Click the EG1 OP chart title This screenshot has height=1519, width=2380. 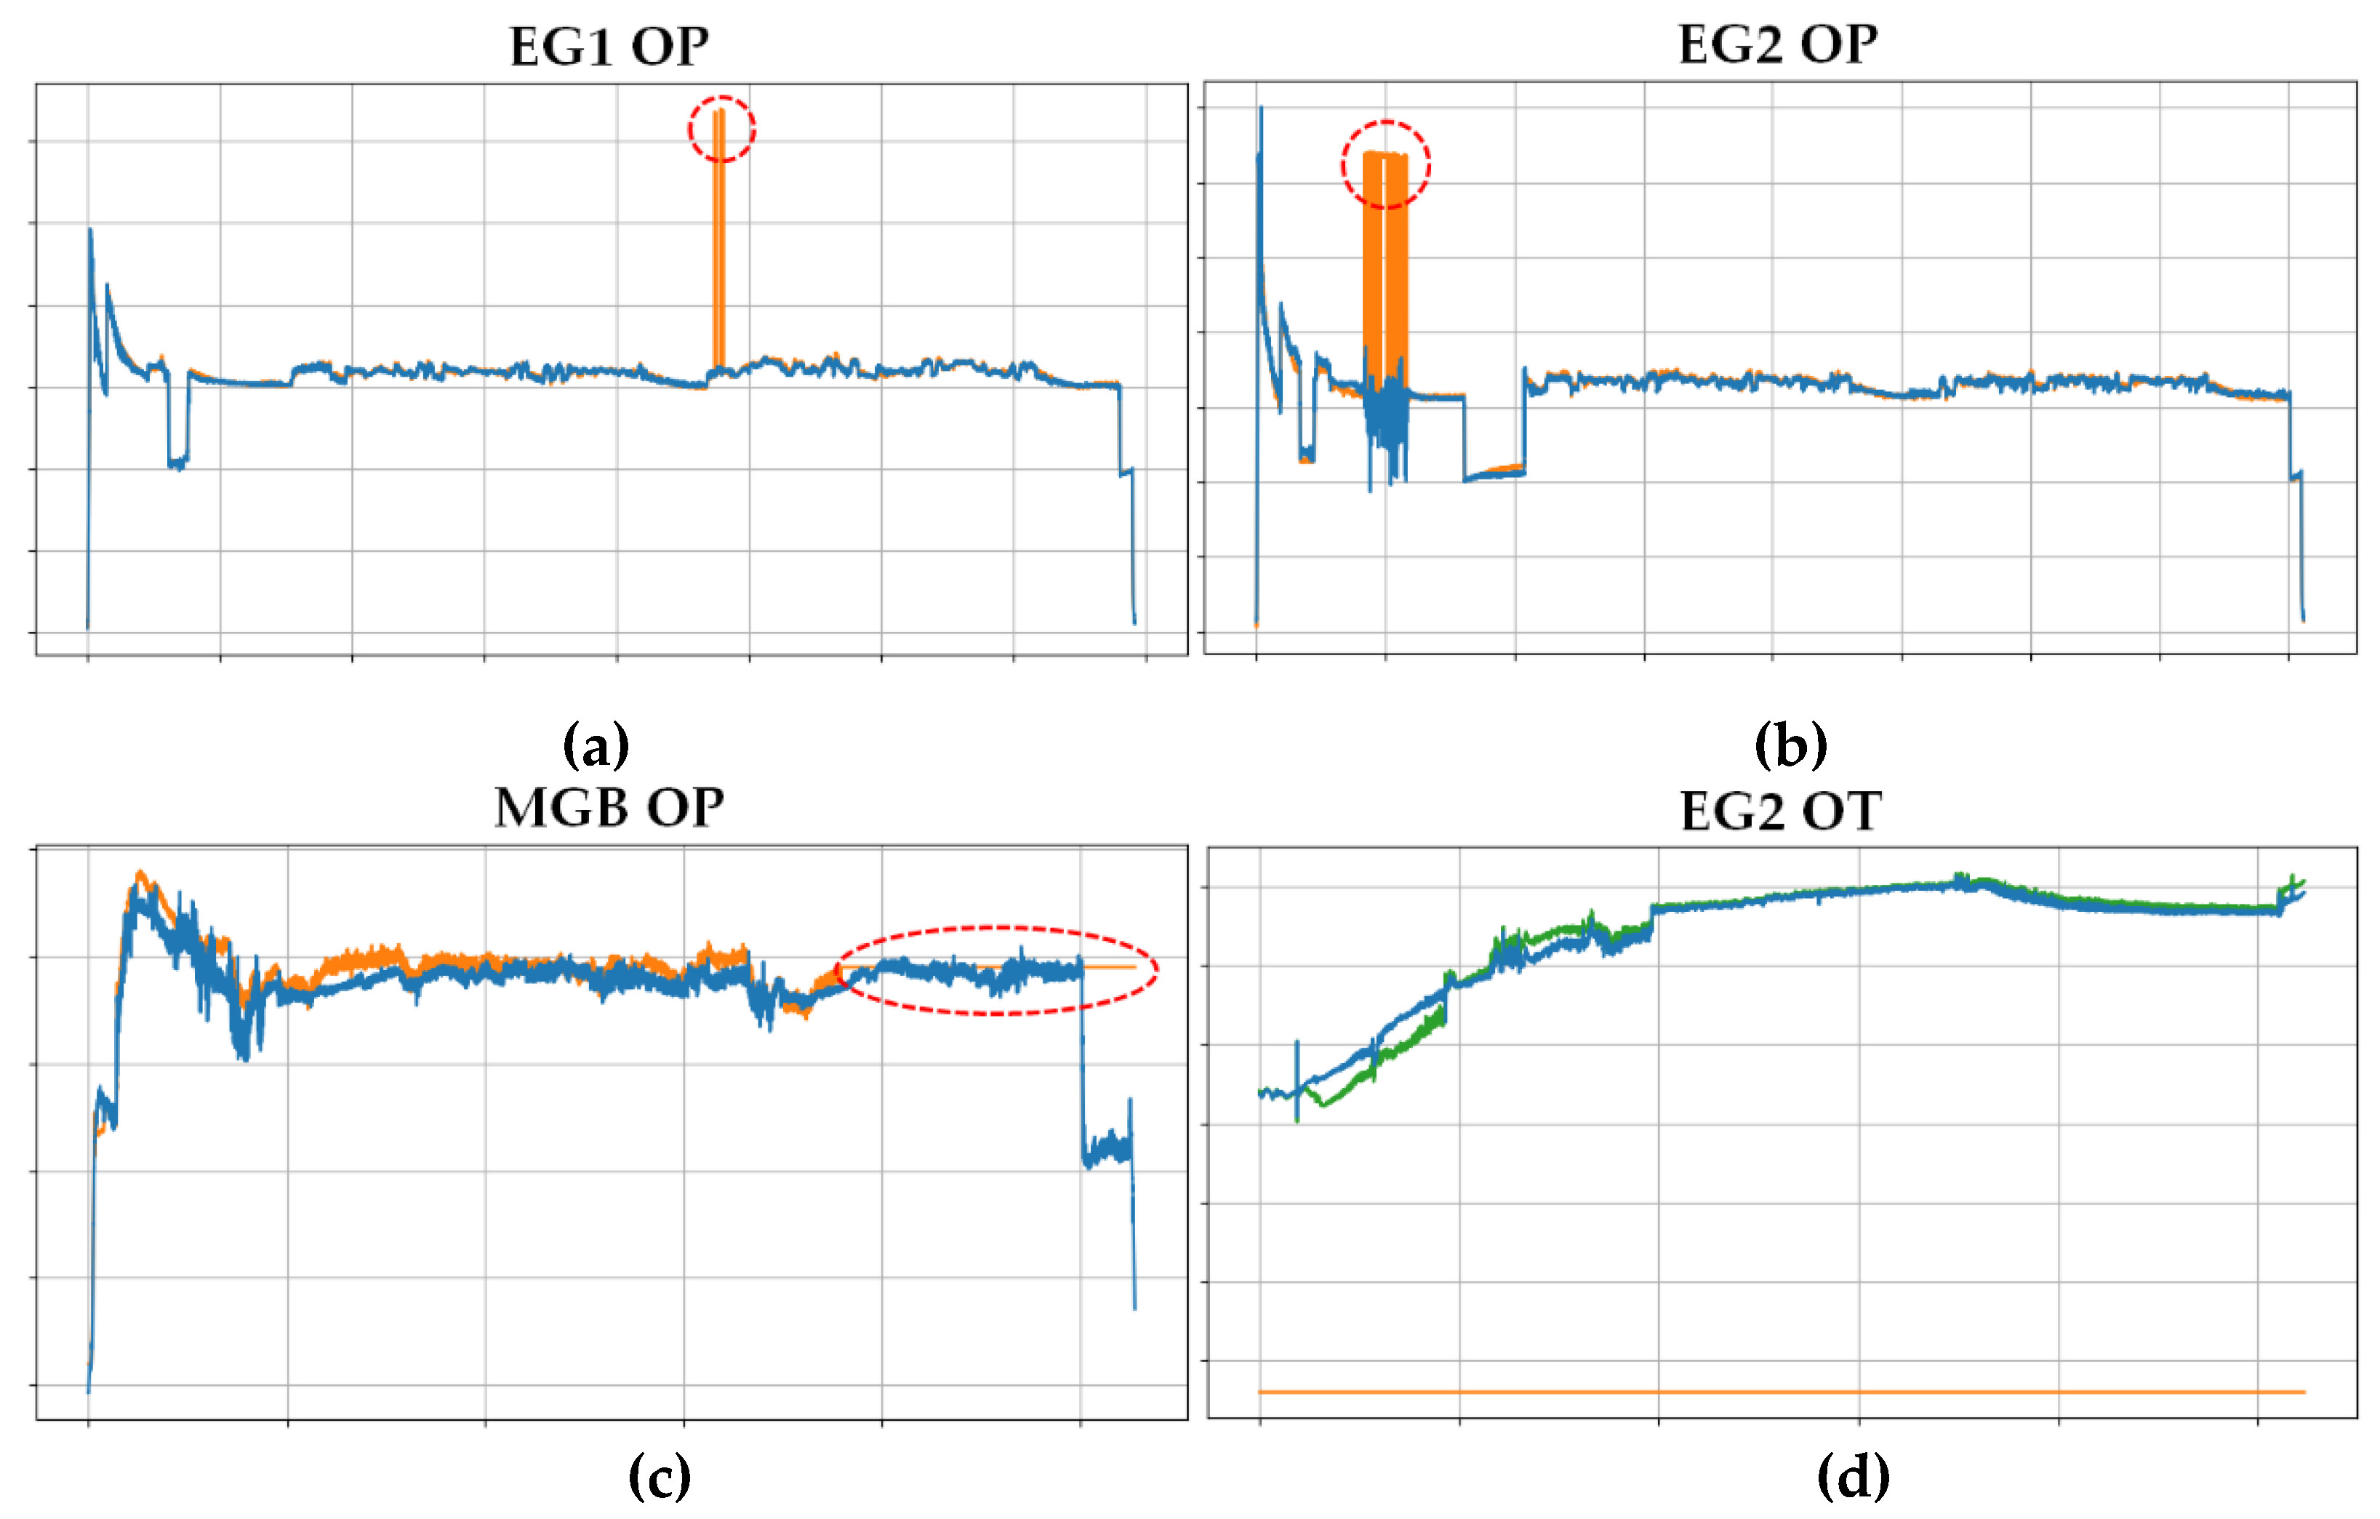pos(609,47)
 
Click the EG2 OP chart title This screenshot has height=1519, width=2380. pos(1777,44)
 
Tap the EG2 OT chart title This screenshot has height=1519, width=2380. pos(1780,811)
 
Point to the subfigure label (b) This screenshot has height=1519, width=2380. pos(1790,745)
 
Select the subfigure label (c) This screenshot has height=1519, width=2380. pos(660,1478)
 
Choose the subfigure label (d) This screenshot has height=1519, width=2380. pos(1854,1478)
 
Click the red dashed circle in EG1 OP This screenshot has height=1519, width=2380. pos(721,129)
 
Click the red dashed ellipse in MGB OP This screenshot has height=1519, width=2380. pos(996,971)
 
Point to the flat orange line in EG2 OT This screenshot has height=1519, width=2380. pos(1779,1392)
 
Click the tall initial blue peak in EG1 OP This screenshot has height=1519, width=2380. pos(91,237)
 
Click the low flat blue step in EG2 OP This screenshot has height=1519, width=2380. pos(1492,474)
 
